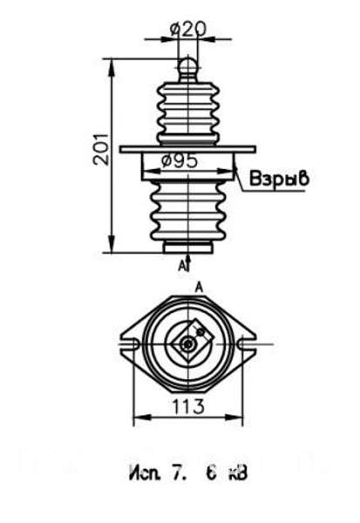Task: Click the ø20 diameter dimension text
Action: click(x=187, y=29)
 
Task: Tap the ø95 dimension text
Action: click(x=180, y=161)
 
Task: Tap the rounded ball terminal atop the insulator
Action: click(x=187, y=65)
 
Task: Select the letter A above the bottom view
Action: click(x=199, y=286)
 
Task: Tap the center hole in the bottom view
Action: click(x=187, y=344)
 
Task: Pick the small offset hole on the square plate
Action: click(x=201, y=332)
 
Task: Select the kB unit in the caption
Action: click(x=237, y=475)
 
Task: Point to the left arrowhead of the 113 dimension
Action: click(x=136, y=419)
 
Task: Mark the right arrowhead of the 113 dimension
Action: click(x=239, y=419)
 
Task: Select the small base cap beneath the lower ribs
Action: click(x=187, y=248)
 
